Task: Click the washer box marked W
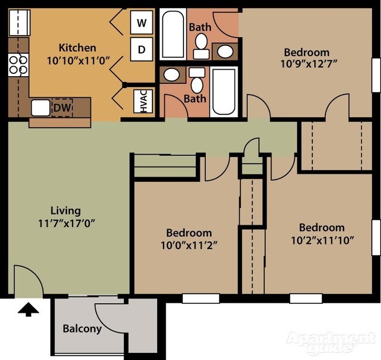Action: (x=141, y=23)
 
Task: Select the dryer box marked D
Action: (x=141, y=50)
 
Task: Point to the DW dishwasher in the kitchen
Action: (x=60, y=108)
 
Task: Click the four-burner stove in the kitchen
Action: (x=18, y=64)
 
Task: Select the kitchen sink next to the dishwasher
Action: (x=40, y=108)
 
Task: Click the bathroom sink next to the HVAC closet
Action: (x=172, y=75)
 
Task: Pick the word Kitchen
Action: (x=77, y=47)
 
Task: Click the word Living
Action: (x=65, y=210)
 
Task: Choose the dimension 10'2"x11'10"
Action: (x=321, y=240)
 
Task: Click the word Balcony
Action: (x=82, y=329)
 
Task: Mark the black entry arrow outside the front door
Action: (x=28, y=309)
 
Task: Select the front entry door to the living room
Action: (x=27, y=280)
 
